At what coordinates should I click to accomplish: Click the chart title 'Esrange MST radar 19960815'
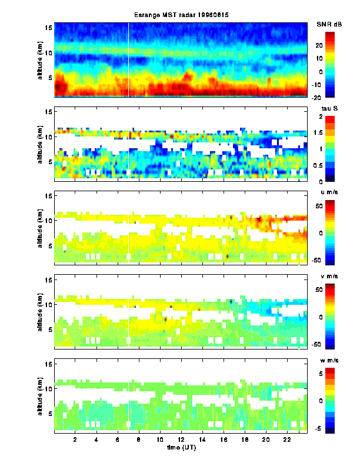click(x=181, y=14)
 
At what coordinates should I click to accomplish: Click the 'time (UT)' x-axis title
click(x=181, y=449)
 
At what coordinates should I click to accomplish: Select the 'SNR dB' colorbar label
click(x=329, y=24)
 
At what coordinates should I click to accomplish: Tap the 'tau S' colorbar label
click(x=327, y=109)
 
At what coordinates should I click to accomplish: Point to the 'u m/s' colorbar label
click(x=327, y=194)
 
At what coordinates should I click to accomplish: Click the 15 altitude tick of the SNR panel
click(x=49, y=28)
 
